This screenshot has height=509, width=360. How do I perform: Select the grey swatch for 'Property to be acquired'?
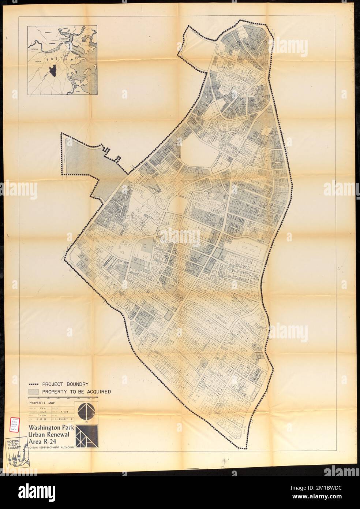pos(34,391)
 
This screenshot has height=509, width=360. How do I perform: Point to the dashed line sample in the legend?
pos(34,384)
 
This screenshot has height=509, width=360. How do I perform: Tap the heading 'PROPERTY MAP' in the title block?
pos(40,402)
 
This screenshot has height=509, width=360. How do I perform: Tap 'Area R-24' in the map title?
pos(43,441)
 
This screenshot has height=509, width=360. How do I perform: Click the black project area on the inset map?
pos(53,68)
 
